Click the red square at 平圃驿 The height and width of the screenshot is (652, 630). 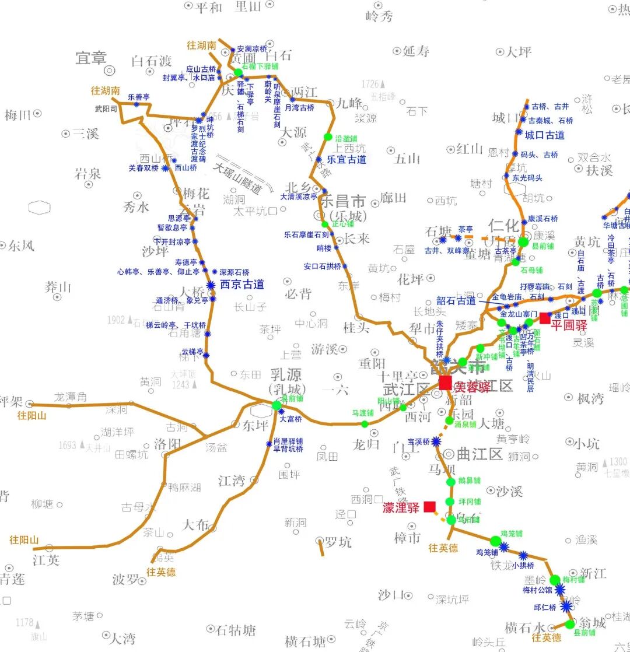(x=545, y=318)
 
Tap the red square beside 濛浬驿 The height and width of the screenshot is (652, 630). (x=430, y=507)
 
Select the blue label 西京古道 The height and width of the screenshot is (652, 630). (x=242, y=285)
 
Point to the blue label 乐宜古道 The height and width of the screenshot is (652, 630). (x=346, y=159)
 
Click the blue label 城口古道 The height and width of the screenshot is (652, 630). (x=545, y=135)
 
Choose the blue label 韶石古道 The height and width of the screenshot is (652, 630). (x=456, y=301)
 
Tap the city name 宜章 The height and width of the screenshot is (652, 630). (x=92, y=58)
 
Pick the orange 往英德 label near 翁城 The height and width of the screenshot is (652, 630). (x=546, y=638)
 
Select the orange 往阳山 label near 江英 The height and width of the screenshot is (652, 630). (x=24, y=540)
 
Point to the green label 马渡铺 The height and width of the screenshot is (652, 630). (x=362, y=413)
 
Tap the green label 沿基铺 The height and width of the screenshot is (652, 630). (x=346, y=139)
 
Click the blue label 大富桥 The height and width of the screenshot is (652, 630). (x=290, y=419)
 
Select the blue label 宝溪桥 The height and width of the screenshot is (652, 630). (x=418, y=441)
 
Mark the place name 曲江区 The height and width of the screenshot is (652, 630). (x=480, y=454)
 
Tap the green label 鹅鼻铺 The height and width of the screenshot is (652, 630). (x=469, y=481)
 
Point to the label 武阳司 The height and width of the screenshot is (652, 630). (x=106, y=108)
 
